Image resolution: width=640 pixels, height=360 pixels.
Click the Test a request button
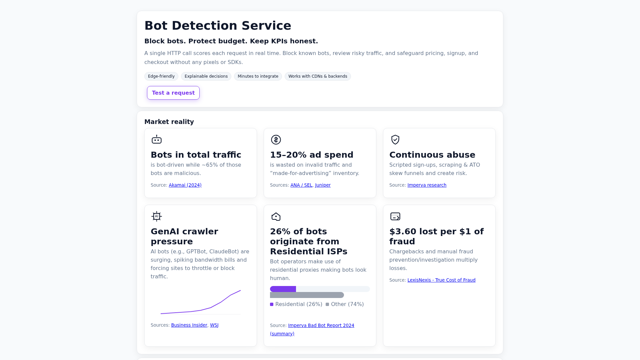pos(173,93)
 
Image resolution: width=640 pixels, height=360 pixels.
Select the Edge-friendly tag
pos(161,76)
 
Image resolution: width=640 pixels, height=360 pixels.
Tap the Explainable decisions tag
pos(206,76)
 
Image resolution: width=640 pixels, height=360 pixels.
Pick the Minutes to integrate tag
pos(258,76)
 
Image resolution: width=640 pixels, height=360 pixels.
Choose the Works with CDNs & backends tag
pos(318,76)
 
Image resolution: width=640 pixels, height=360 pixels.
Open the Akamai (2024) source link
pos(185,185)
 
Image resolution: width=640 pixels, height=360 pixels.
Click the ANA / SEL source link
pos(301,185)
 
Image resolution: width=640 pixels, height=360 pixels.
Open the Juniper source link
pos(323,185)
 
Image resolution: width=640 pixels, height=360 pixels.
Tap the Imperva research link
pos(427,185)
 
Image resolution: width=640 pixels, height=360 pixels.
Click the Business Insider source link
pos(189,325)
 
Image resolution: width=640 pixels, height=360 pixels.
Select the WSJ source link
pos(214,325)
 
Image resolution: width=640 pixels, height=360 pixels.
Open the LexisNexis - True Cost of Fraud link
pos(441,280)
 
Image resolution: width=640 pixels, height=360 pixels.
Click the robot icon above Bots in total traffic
pos(157,140)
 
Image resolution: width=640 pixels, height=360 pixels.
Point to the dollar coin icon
pos(276,140)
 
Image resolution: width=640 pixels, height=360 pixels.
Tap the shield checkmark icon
pos(395,140)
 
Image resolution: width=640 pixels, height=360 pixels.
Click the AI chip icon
pos(157,216)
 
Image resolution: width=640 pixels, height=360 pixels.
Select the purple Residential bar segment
pos(283,289)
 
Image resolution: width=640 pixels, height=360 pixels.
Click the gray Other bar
pos(307,295)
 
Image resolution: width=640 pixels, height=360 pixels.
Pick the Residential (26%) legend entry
pos(296,304)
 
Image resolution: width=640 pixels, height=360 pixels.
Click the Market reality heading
pos(169,122)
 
